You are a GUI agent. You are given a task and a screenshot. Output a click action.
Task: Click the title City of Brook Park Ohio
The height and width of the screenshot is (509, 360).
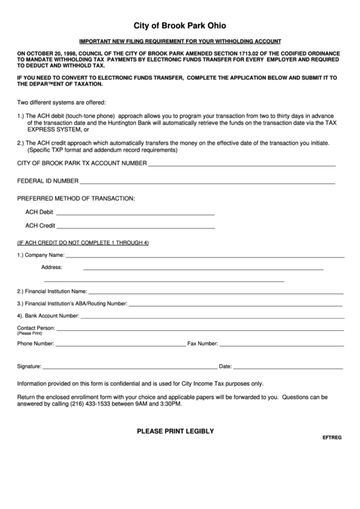pyautogui.click(x=179, y=24)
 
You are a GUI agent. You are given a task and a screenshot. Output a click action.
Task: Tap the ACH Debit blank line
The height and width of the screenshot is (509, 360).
pyautogui.click(x=135, y=215)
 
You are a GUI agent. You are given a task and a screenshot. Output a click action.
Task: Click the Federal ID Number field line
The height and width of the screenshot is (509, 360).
pyautogui.click(x=207, y=184)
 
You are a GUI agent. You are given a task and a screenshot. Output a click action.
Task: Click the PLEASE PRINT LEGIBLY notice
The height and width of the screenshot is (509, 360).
pyautogui.click(x=176, y=431)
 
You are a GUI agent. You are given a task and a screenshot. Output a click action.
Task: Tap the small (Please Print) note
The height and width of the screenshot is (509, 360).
pyautogui.click(x=30, y=334)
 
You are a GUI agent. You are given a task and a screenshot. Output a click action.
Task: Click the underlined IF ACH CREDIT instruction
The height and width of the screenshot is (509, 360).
pyautogui.click(x=82, y=243)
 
